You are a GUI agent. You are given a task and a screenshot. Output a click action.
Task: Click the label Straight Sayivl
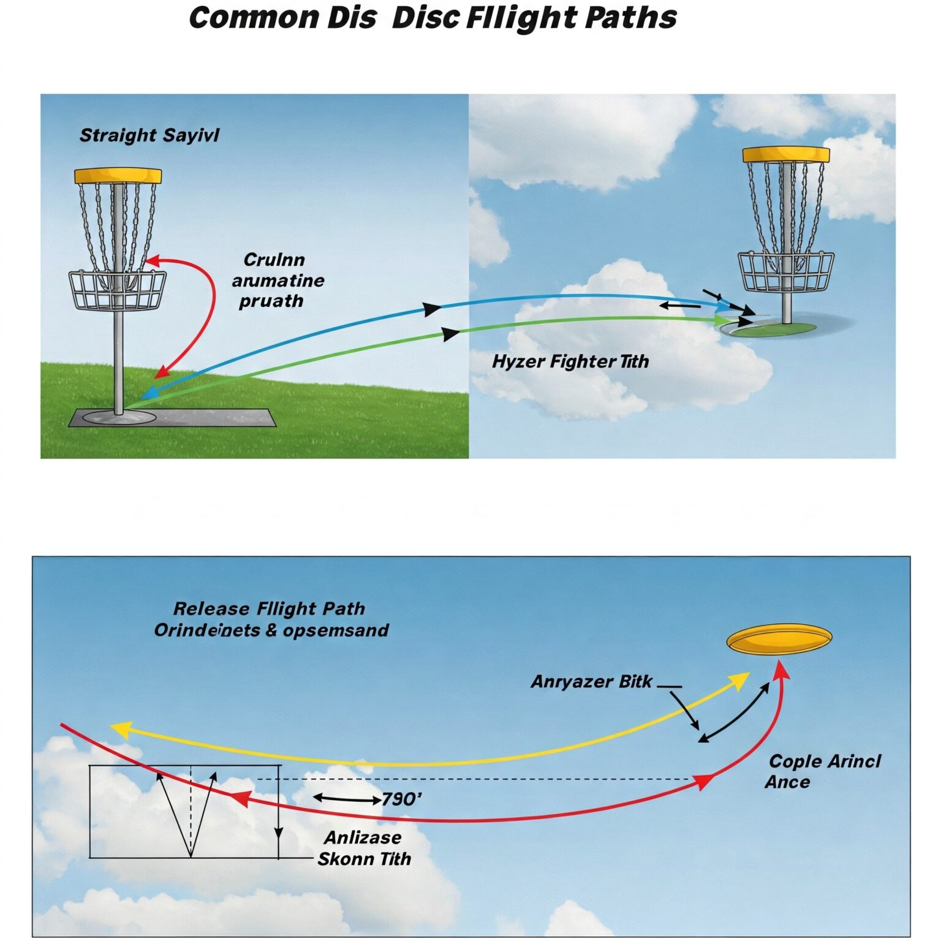coord(149,135)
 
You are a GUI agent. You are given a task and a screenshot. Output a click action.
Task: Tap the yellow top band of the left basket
coord(118,176)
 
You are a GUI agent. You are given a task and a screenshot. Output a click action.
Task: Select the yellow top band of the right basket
coord(786,154)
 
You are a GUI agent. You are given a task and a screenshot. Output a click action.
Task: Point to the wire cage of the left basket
coord(117,290)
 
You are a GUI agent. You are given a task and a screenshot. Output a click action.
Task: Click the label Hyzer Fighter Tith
coord(570,361)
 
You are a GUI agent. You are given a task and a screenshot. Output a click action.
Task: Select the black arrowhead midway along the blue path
coord(432,309)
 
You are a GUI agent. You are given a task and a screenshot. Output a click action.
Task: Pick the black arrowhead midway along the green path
coord(451,334)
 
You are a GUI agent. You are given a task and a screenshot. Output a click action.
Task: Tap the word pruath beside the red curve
coord(271,301)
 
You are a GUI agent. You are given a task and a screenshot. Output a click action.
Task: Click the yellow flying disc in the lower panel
coord(779,640)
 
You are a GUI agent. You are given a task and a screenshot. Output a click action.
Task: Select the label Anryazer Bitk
coord(591,682)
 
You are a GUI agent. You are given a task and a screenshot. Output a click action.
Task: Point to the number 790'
coord(402,799)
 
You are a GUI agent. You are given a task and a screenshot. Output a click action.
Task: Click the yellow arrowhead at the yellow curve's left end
coord(119,728)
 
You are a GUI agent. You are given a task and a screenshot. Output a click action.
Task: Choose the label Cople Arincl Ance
coord(823,771)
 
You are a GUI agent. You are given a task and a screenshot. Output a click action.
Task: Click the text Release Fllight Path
coord(269,609)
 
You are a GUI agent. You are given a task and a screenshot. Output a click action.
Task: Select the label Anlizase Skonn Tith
coord(364,848)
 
